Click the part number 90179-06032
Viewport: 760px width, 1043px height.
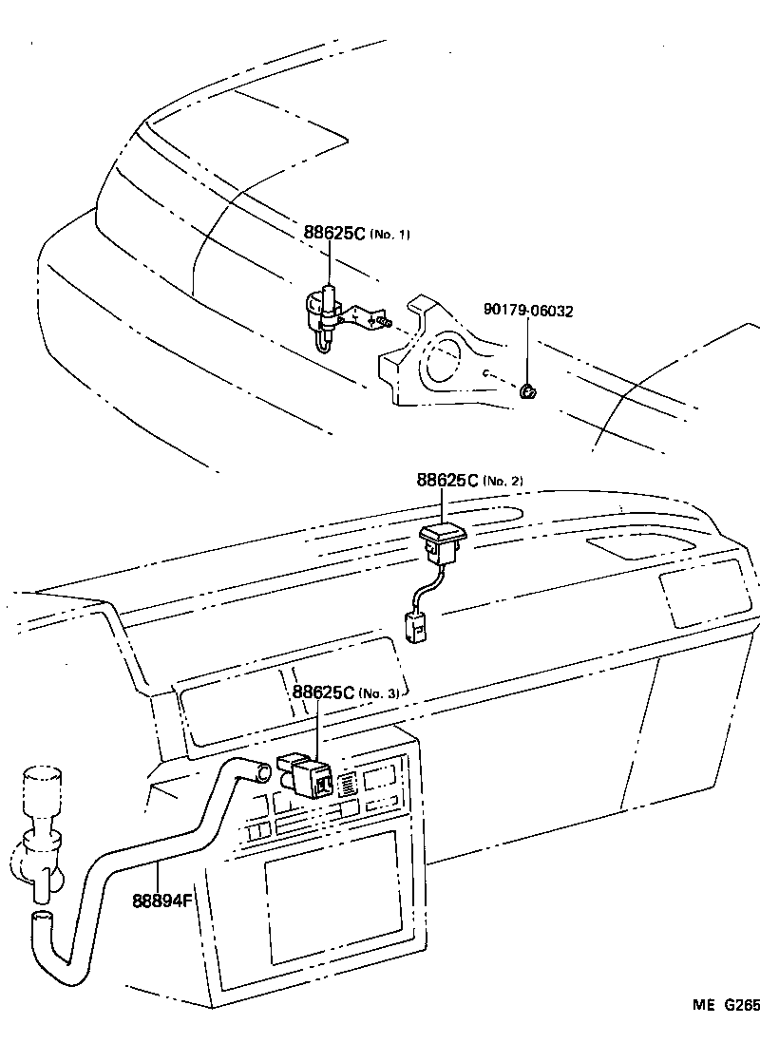(528, 310)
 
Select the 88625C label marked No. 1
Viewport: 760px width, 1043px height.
(357, 234)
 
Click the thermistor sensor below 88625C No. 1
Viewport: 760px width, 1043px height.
(323, 318)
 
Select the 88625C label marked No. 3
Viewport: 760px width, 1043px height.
(346, 692)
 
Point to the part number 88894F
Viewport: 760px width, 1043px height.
(163, 899)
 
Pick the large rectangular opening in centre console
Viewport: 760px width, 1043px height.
(332, 895)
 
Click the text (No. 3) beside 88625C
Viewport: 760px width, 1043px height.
(380, 693)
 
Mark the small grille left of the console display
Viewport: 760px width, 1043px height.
(348, 783)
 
